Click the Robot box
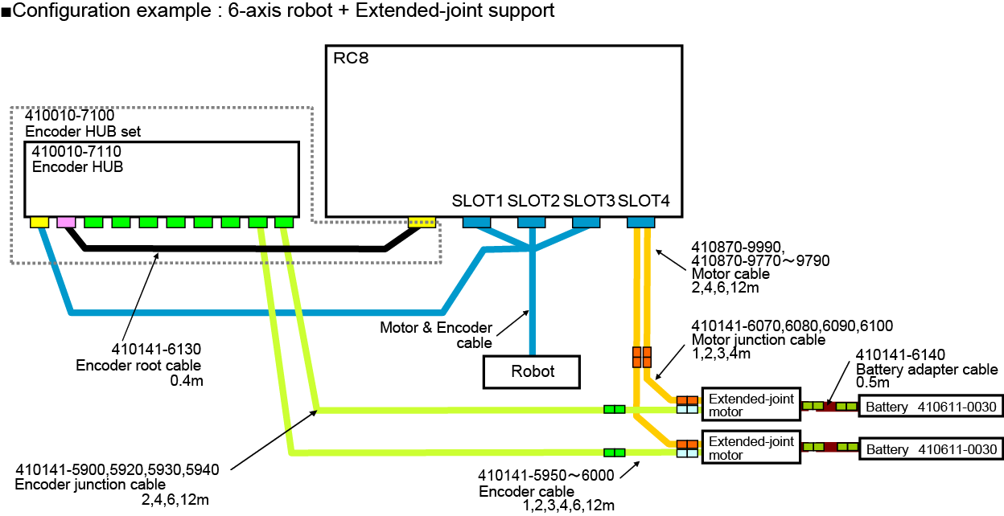pos(531,371)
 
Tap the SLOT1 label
pos(477,201)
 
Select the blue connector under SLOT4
pos(641,222)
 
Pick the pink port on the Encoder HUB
pos(66,222)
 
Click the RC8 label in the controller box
pos(351,59)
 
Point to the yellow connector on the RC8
pos(422,222)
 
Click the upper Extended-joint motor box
pos(751,405)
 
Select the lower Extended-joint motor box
pos(751,448)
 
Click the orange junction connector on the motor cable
pos(641,354)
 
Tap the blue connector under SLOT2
pos(531,222)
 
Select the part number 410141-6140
pos(899,354)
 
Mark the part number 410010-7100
pos(69,117)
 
